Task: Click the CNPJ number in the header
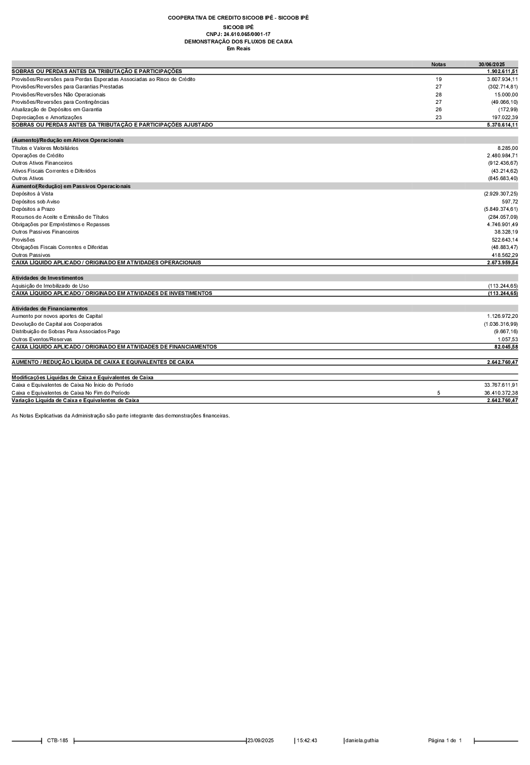click(238, 34)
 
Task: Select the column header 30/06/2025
click(491, 65)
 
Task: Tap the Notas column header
click(438, 65)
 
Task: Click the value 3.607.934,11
click(502, 79)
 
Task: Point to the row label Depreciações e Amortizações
click(47, 118)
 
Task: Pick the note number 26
click(438, 110)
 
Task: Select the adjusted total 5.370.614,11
click(502, 125)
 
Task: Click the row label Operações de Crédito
click(38, 156)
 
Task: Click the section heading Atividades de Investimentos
click(47, 278)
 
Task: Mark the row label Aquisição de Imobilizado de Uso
click(50, 286)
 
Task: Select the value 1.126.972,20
click(502, 316)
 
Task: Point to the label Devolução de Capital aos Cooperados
click(57, 324)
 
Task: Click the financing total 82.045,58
click(506, 347)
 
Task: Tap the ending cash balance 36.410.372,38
click(501, 393)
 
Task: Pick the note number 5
click(438, 393)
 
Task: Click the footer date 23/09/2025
click(261, 741)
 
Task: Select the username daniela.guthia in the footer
click(362, 741)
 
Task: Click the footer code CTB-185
click(57, 741)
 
